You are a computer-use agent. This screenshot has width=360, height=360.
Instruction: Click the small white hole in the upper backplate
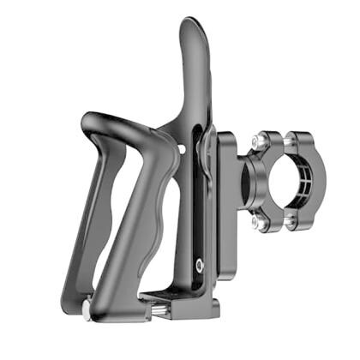[x=182, y=150]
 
